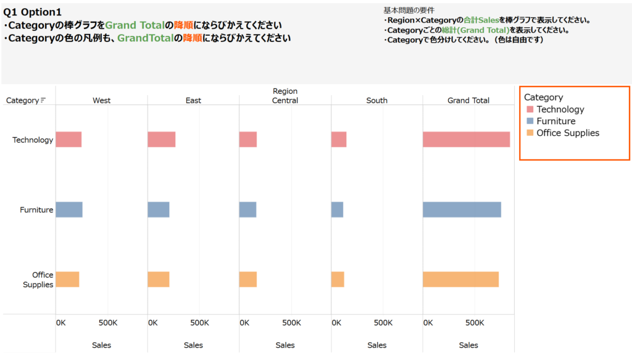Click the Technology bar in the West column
[69, 140]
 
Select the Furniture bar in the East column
[158, 210]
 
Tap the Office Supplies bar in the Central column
[247, 279]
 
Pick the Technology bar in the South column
[338, 140]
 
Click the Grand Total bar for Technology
[466, 140]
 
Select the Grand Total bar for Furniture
[462, 210]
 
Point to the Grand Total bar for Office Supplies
[460, 279]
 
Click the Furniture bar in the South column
[337, 210]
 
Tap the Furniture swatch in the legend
[529, 122]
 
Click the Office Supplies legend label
[567, 133]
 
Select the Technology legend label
[560, 109]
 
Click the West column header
[101, 101]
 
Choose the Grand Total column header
[468, 101]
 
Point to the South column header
[376, 101]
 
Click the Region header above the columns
[285, 91]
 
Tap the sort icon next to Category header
[43, 101]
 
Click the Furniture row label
[36, 210]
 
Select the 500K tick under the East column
[199, 323]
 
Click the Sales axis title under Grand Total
[468, 345]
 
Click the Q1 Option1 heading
[32, 12]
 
